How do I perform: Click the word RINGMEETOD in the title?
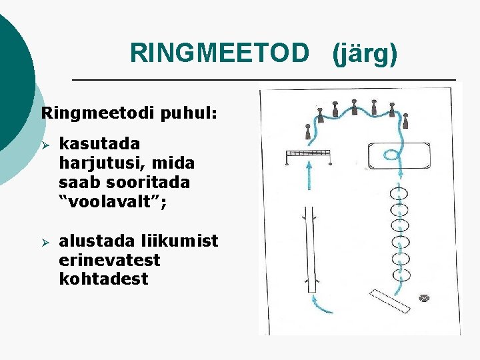click(x=220, y=53)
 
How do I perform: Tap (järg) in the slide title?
click(x=365, y=53)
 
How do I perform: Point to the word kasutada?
click(x=99, y=144)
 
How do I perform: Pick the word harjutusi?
click(x=107, y=163)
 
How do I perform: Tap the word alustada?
click(x=101, y=241)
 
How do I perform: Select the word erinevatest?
click(x=110, y=259)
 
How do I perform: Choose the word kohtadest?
click(x=103, y=278)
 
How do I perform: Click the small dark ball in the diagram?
click(x=424, y=298)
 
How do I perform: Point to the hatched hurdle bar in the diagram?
click(x=309, y=154)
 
